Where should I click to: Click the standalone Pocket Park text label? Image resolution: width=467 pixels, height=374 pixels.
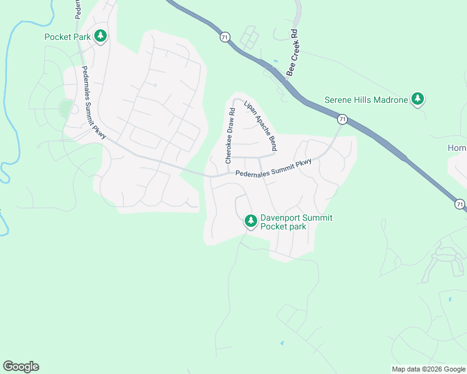pyautogui.click(x=67, y=36)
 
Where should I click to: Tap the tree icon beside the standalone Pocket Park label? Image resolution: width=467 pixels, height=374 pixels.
pyautogui.click(x=100, y=36)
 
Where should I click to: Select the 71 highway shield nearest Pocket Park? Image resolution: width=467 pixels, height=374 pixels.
pyautogui.click(x=224, y=37)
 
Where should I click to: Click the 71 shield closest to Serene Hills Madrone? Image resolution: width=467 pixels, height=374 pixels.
pyautogui.click(x=342, y=118)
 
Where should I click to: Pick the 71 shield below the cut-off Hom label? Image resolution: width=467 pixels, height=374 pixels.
pyautogui.click(x=460, y=204)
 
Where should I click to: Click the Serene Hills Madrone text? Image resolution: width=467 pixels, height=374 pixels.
pyautogui.click(x=366, y=99)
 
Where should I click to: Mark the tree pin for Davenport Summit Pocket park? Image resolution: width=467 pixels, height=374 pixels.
pyautogui.click(x=250, y=221)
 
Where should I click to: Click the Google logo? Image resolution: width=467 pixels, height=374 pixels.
pyautogui.click(x=21, y=367)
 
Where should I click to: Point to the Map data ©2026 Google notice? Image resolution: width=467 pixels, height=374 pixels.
pyautogui.click(x=428, y=369)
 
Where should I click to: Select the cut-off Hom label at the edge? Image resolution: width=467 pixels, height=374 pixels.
pyautogui.click(x=457, y=148)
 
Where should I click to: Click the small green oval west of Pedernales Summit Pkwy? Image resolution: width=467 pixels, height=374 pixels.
pyautogui.click(x=66, y=108)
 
